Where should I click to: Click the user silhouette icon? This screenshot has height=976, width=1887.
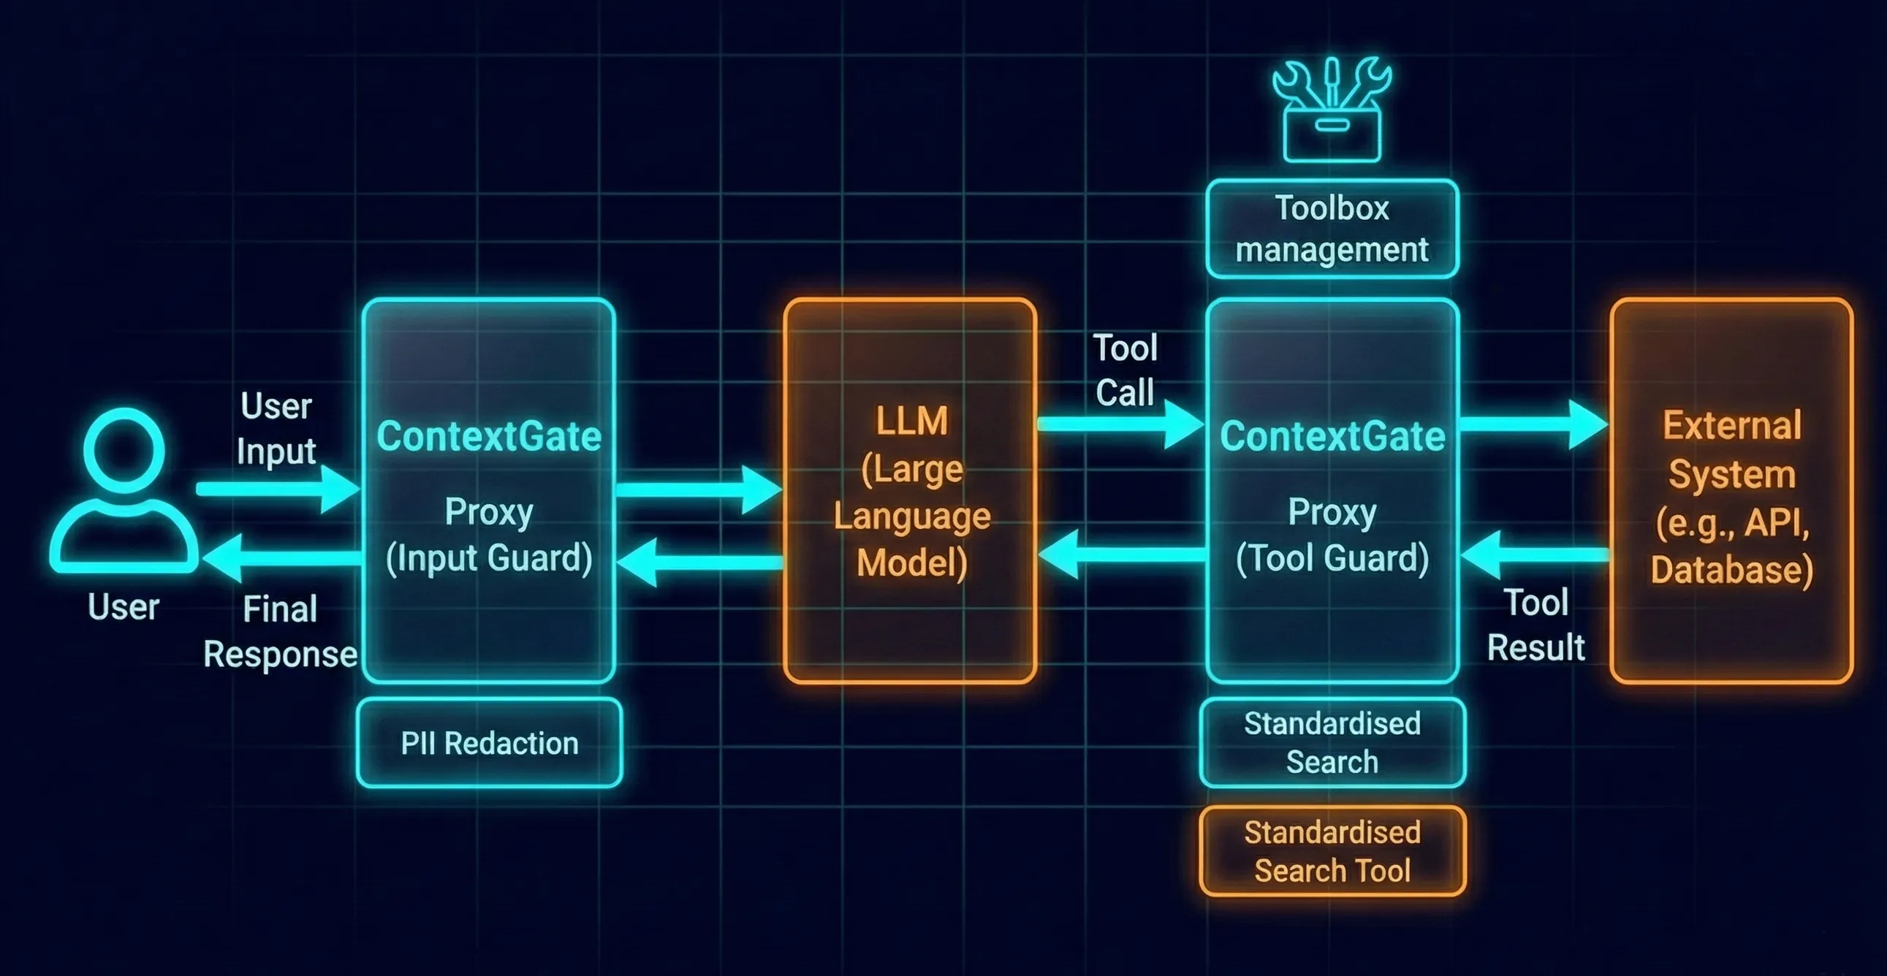123,491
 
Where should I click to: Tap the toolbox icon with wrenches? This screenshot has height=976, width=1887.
1332,110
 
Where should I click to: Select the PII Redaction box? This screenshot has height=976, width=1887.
490,743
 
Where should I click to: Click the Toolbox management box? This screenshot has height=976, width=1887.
1332,229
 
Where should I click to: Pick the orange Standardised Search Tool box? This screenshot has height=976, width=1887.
1332,852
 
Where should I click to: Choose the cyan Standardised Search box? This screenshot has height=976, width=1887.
1332,743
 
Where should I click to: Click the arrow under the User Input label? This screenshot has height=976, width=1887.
278,489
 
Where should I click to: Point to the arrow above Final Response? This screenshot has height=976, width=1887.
282,558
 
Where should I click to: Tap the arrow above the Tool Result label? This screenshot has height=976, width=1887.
1535,555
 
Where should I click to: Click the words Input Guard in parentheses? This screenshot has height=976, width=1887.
490,559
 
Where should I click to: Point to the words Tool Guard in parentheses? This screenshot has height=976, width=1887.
1332,559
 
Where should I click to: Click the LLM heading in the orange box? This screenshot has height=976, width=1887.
912,421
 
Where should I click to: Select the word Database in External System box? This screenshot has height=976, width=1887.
1732,570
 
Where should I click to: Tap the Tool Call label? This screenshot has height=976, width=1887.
1125,370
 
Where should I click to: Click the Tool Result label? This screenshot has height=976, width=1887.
1535,625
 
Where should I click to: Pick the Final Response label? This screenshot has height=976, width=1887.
281,631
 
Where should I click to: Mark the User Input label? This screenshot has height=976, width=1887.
276,428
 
